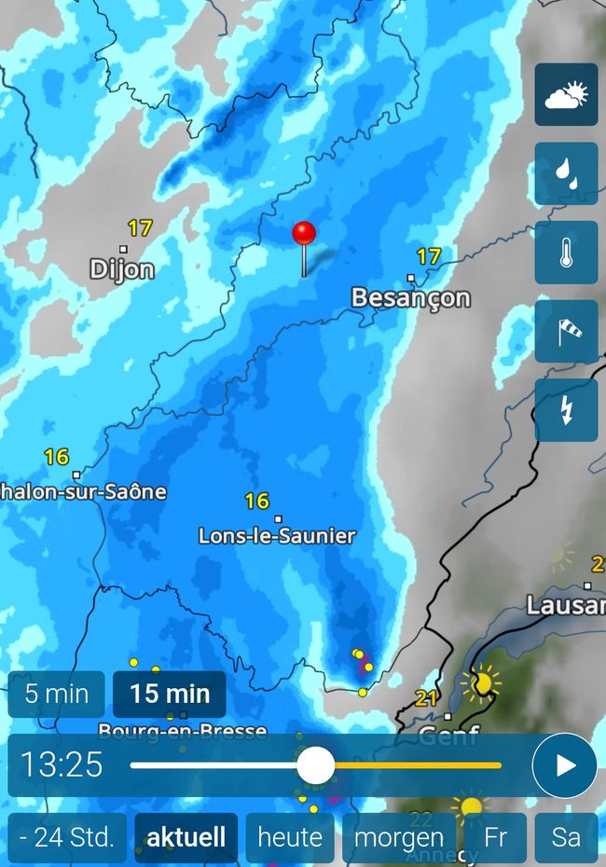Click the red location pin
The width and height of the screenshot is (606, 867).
[304, 234]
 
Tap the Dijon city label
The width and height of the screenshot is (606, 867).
[122, 269]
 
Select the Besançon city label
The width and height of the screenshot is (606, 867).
[410, 297]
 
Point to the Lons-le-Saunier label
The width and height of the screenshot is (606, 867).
[277, 536]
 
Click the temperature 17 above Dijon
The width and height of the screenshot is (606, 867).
[140, 227]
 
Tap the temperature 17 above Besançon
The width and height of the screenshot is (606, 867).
[428, 255]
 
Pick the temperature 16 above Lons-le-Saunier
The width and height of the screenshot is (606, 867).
[256, 502]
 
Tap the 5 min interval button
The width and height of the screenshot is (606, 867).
[57, 694]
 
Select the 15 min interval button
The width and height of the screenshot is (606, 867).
[170, 694]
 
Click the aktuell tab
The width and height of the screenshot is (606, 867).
[186, 836]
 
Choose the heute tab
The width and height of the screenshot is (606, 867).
[290, 836]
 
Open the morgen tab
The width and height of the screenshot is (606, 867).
[399, 836]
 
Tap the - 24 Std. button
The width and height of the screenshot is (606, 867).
[67, 836]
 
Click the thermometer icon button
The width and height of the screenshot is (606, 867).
[566, 253]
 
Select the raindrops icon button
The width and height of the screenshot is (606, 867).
[566, 173]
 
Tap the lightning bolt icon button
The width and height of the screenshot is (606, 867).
[566, 410]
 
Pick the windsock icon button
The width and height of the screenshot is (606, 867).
[566, 331]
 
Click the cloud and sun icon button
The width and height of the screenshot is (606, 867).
[566, 94]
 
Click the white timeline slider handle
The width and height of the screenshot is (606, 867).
[316, 765]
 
